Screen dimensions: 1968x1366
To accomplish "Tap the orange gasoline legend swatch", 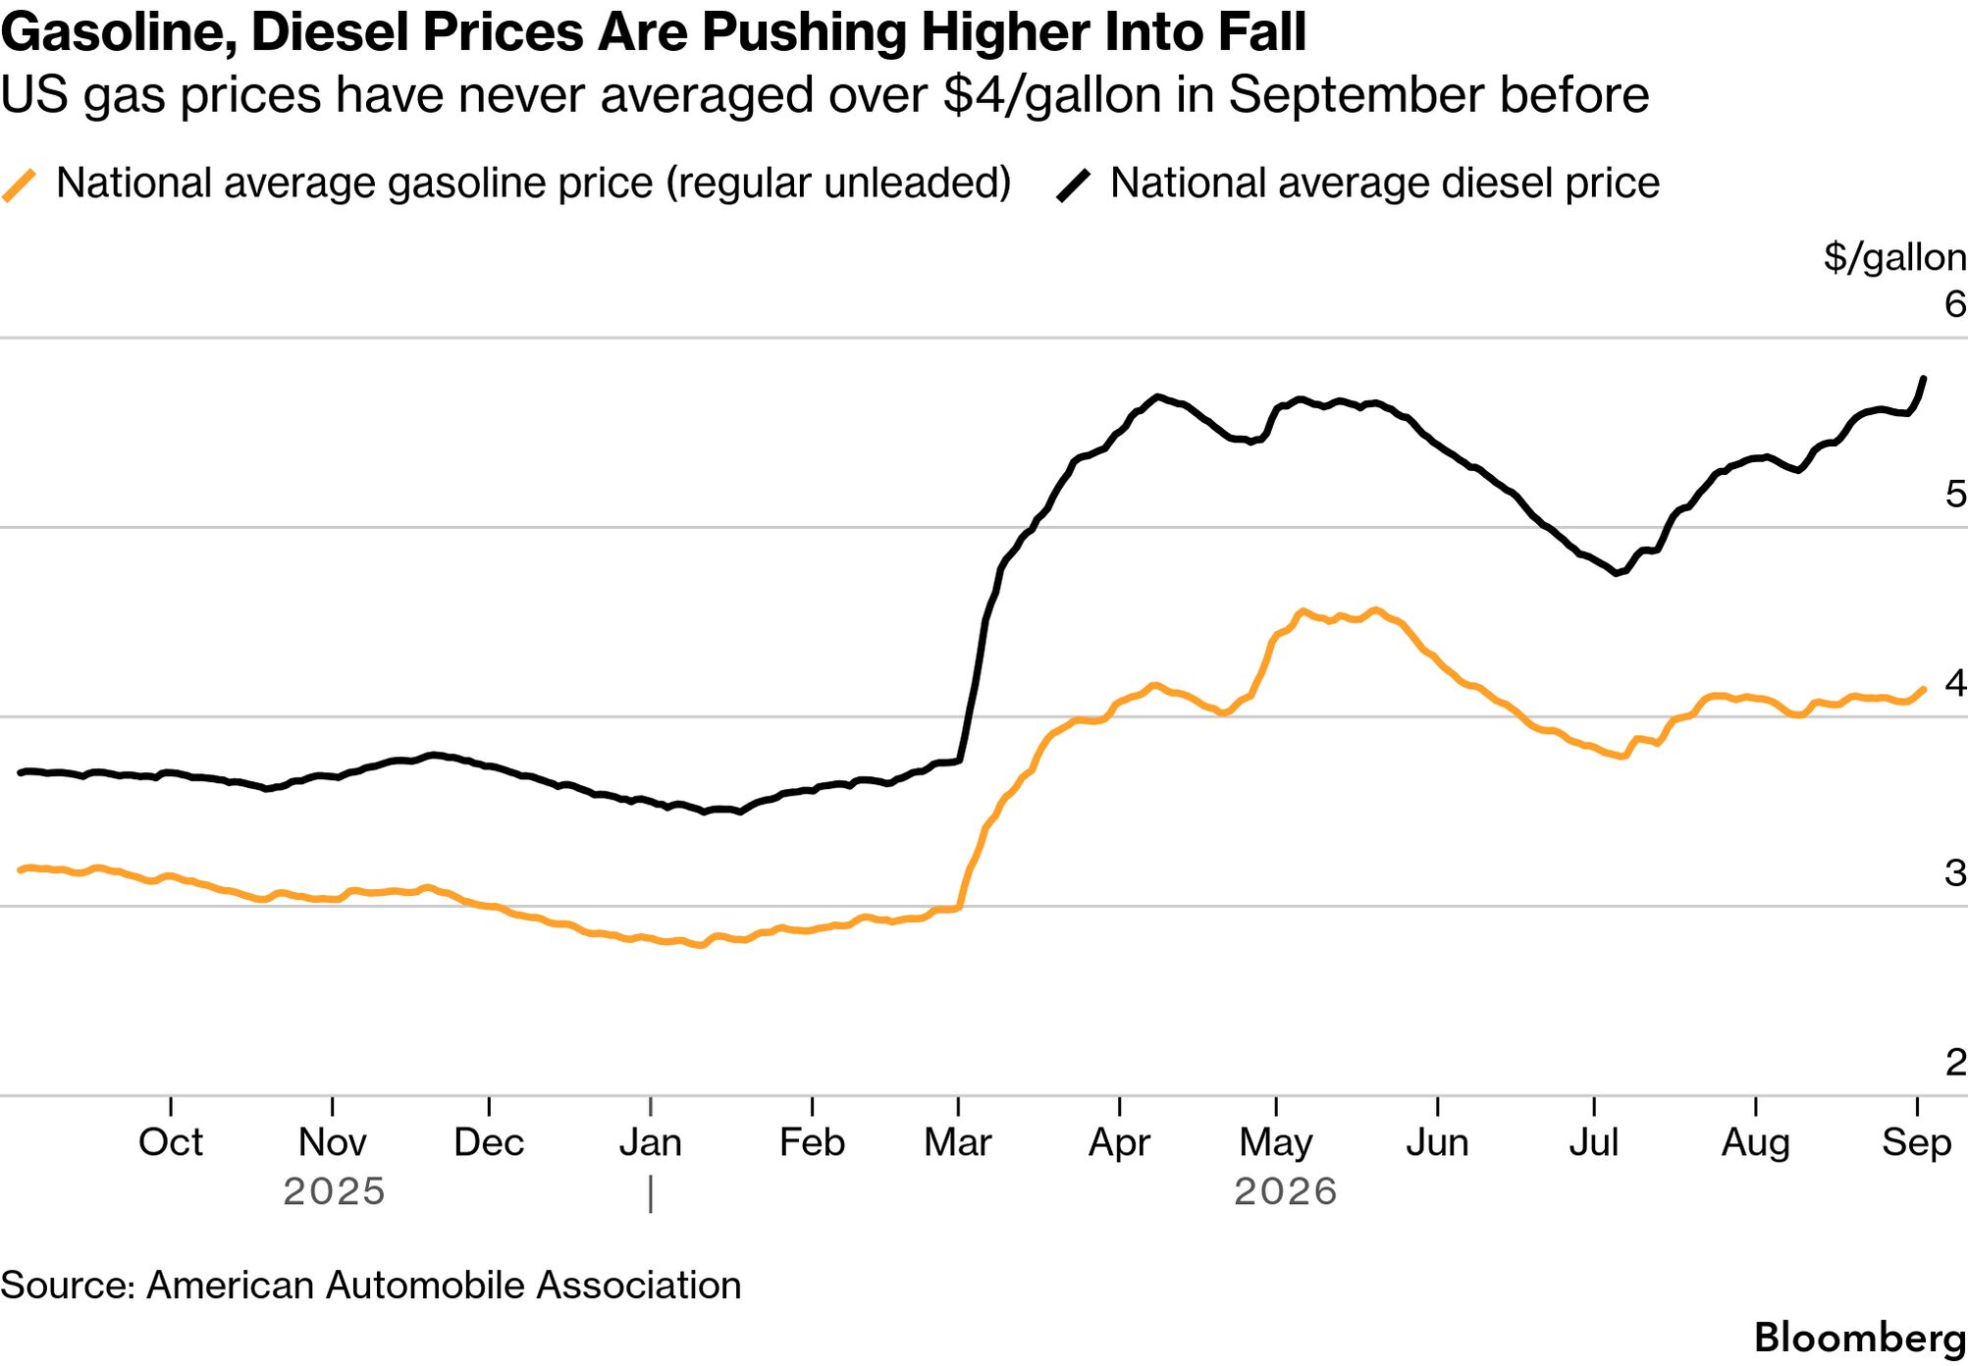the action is point(20,184).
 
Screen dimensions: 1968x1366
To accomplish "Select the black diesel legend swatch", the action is point(1074,184).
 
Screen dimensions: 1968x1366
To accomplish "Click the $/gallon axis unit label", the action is point(1894,257).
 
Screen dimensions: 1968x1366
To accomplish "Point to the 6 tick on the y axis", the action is point(1955,304).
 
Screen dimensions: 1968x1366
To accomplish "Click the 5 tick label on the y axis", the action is point(1955,494).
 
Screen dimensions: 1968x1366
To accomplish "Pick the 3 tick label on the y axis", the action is point(1955,872).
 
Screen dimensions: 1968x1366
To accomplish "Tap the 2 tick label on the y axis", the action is point(1955,1062).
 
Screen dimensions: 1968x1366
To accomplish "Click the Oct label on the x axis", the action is point(171,1142).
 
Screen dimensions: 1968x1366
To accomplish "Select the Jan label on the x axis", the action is point(650,1142).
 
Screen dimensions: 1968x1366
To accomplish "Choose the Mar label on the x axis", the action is point(958,1142).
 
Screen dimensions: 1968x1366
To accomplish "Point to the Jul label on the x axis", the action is point(1594,1142).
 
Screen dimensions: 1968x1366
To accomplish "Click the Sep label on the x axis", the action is point(1917,1143).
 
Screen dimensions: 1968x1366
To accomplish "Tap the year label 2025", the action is point(334,1191).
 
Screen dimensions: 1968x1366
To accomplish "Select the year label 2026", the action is point(1286,1191).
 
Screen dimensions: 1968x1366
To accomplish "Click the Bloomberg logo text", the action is point(1860,1339).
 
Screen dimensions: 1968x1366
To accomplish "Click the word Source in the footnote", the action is point(68,1286).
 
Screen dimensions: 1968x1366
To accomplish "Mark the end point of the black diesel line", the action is point(1924,379).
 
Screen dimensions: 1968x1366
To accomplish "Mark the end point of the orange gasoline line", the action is point(1924,689).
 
